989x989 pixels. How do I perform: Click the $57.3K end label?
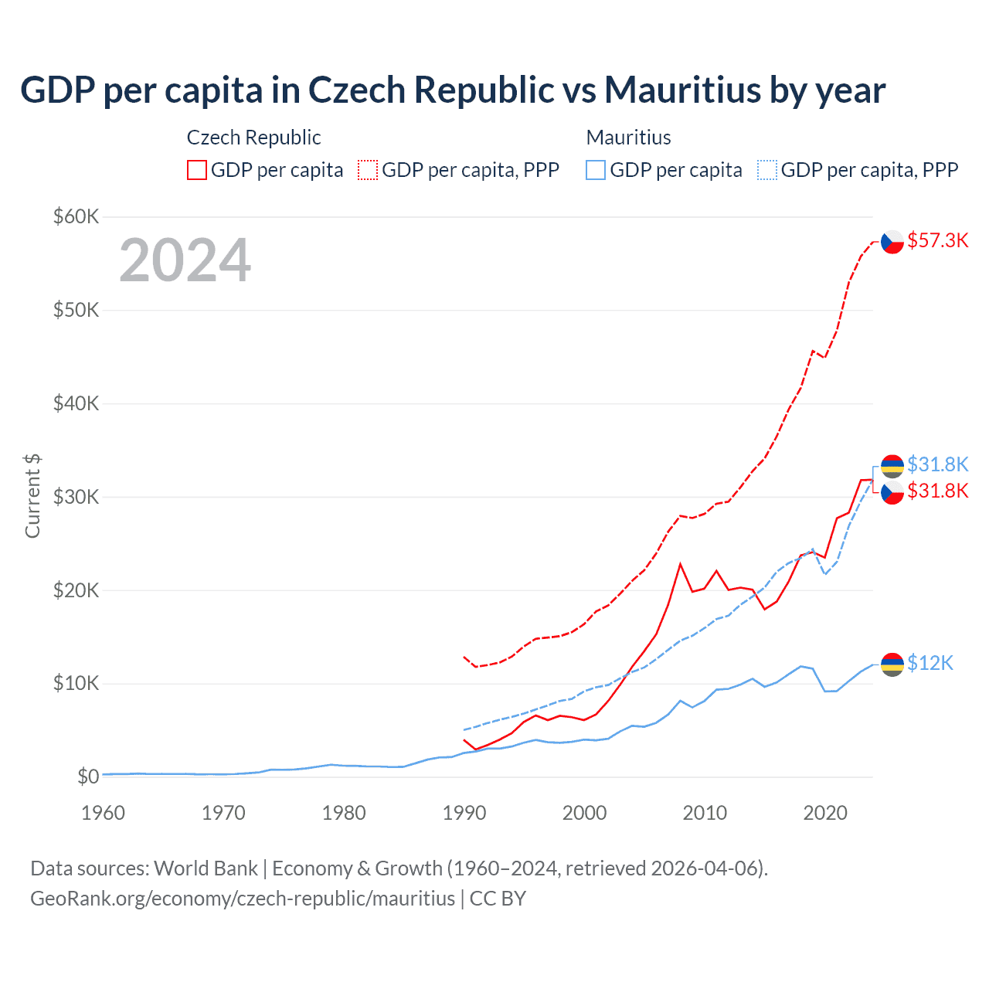[937, 240]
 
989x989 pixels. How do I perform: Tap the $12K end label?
[930, 663]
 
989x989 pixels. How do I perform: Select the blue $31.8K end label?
[937, 464]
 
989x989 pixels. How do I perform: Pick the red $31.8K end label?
[937, 491]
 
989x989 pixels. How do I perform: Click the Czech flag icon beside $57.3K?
[892, 242]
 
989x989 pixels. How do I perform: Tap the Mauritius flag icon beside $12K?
[892, 664]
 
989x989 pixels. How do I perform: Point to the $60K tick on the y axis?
[76, 216]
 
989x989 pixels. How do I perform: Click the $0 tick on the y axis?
[88, 777]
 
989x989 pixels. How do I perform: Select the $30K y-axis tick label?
[76, 497]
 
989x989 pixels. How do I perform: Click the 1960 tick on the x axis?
[103, 813]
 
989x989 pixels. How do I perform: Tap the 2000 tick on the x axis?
[584, 813]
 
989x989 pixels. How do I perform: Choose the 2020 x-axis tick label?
[825, 813]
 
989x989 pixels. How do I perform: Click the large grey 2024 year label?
[185, 260]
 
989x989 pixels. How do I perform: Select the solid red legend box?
[197, 170]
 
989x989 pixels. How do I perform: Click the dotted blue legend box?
[767, 170]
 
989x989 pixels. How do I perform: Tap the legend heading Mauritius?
[628, 138]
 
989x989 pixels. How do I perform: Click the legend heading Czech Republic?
[253, 138]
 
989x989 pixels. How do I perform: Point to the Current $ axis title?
[32, 496]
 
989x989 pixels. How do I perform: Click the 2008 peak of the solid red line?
[680, 564]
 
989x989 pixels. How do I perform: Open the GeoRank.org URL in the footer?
[243, 899]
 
